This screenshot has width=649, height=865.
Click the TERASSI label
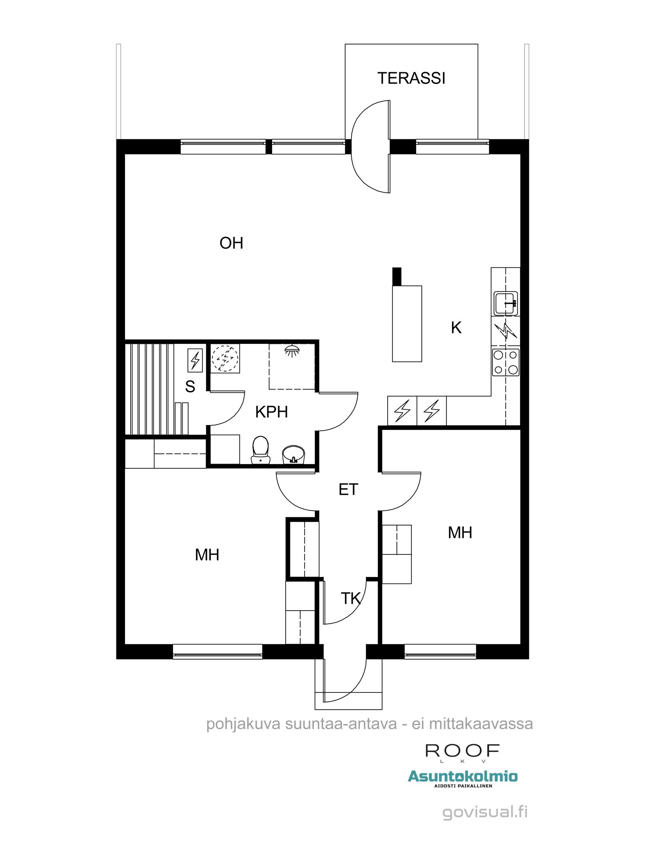pos(411,78)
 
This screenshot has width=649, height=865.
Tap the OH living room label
pos(231,243)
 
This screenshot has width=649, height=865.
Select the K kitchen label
pos(456,328)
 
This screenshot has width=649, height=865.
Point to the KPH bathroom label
pos(271,412)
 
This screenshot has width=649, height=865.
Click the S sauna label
pos(190,387)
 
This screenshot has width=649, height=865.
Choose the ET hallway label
pos(348,490)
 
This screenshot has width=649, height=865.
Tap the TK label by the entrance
pos(350,599)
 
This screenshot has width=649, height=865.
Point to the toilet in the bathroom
pos(260,450)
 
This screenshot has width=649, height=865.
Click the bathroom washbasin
pos(293,455)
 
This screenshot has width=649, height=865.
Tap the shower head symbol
pos(292,350)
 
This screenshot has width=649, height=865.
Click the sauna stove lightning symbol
pos(195,360)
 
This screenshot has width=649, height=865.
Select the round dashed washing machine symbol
pos(225,359)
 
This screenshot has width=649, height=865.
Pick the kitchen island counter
pos(407,324)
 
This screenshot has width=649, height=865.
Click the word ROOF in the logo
pos(463,751)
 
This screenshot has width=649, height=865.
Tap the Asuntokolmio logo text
pos(463,776)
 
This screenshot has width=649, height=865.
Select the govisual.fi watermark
pos(485,812)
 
